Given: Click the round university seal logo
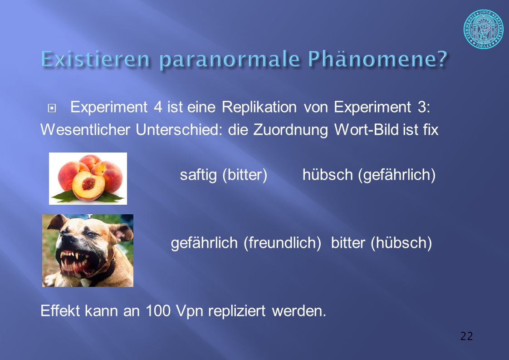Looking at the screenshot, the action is coord(483,29).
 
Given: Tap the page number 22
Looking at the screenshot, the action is coord(466,336).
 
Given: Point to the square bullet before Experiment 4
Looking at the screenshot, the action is coord(52,108).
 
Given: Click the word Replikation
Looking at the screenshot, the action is coord(259,107).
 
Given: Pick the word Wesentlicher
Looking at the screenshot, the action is coord(85,130).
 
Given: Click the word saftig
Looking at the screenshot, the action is coord(198,175).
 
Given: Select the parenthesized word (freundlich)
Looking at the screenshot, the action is coord(283,243).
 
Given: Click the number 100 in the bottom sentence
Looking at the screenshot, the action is coord(158,311).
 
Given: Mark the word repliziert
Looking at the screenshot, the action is coord(237,311).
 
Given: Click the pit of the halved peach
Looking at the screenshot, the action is coord(88,183).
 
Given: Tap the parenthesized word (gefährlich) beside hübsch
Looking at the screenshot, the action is coord(396,175).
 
